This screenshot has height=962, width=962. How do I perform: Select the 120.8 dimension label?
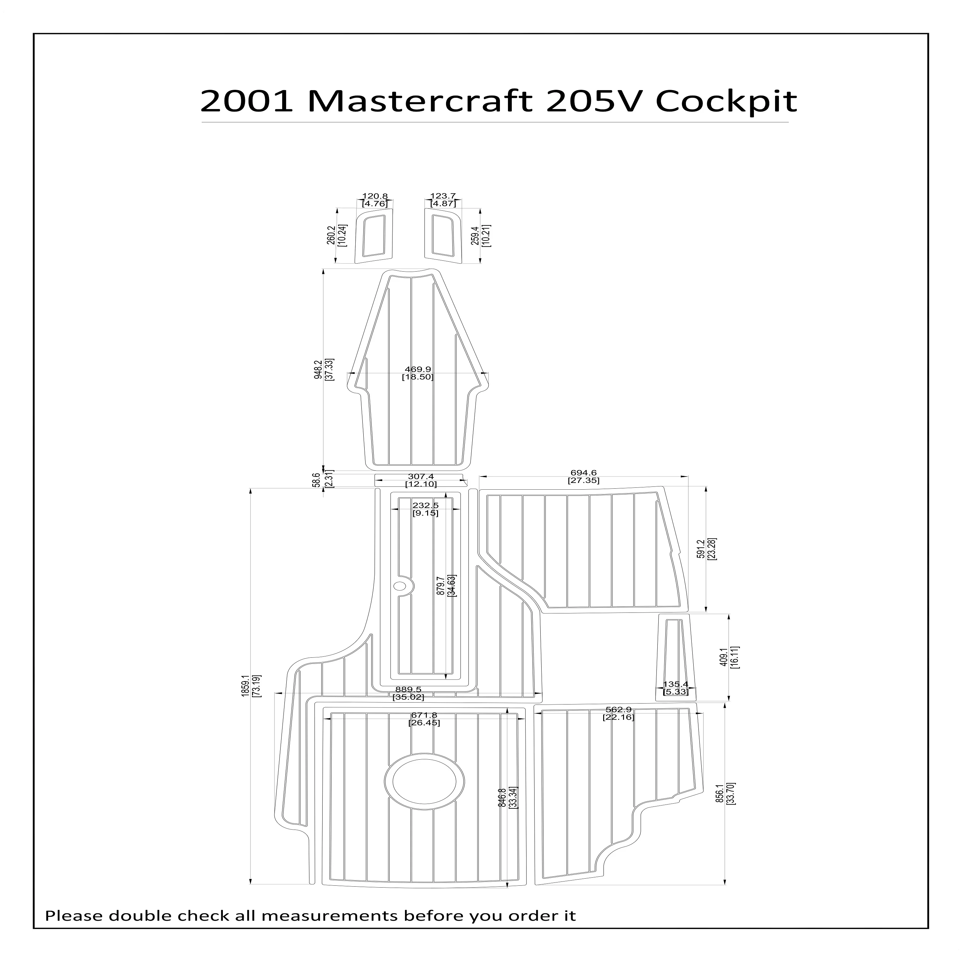point(375,196)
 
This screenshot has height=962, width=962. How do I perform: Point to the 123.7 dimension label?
point(443,196)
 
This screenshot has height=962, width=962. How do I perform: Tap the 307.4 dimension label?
point(421,477)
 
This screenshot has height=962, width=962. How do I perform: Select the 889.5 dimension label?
point(408,689)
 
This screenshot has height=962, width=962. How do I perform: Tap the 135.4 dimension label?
point(675,684)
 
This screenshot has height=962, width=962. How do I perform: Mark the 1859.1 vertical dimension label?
point(244,686)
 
